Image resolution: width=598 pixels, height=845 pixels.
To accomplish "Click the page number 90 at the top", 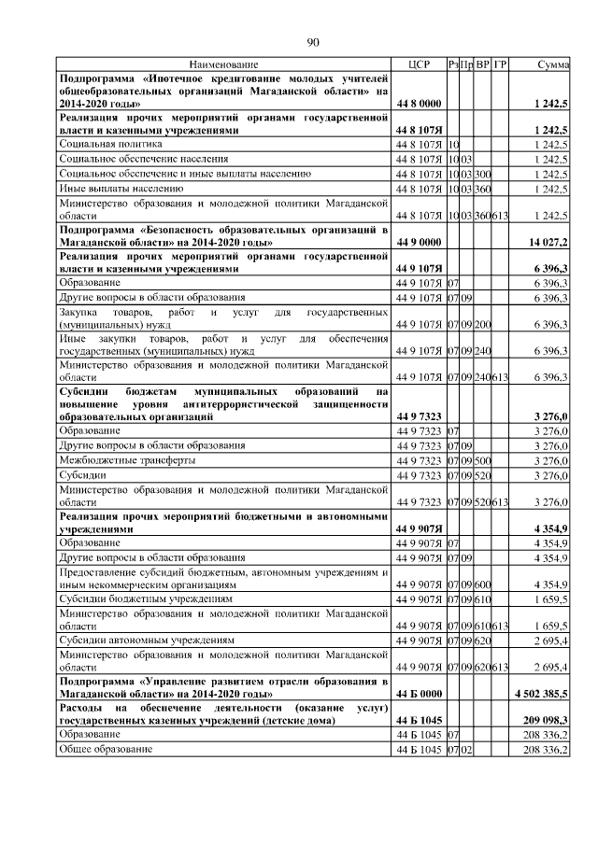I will pyautogui.click(x=313, y=42).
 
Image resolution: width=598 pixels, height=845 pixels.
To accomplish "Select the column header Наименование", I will pyautogui.click(x=223, y=64).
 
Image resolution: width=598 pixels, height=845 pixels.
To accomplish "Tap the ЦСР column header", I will pyautogui.click(x=419, y=64).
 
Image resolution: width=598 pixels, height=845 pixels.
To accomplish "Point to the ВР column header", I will pyautogui.click(x=483, y=64).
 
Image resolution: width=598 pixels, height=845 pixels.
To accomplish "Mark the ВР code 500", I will pyautogui.click(x=483, y=460).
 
